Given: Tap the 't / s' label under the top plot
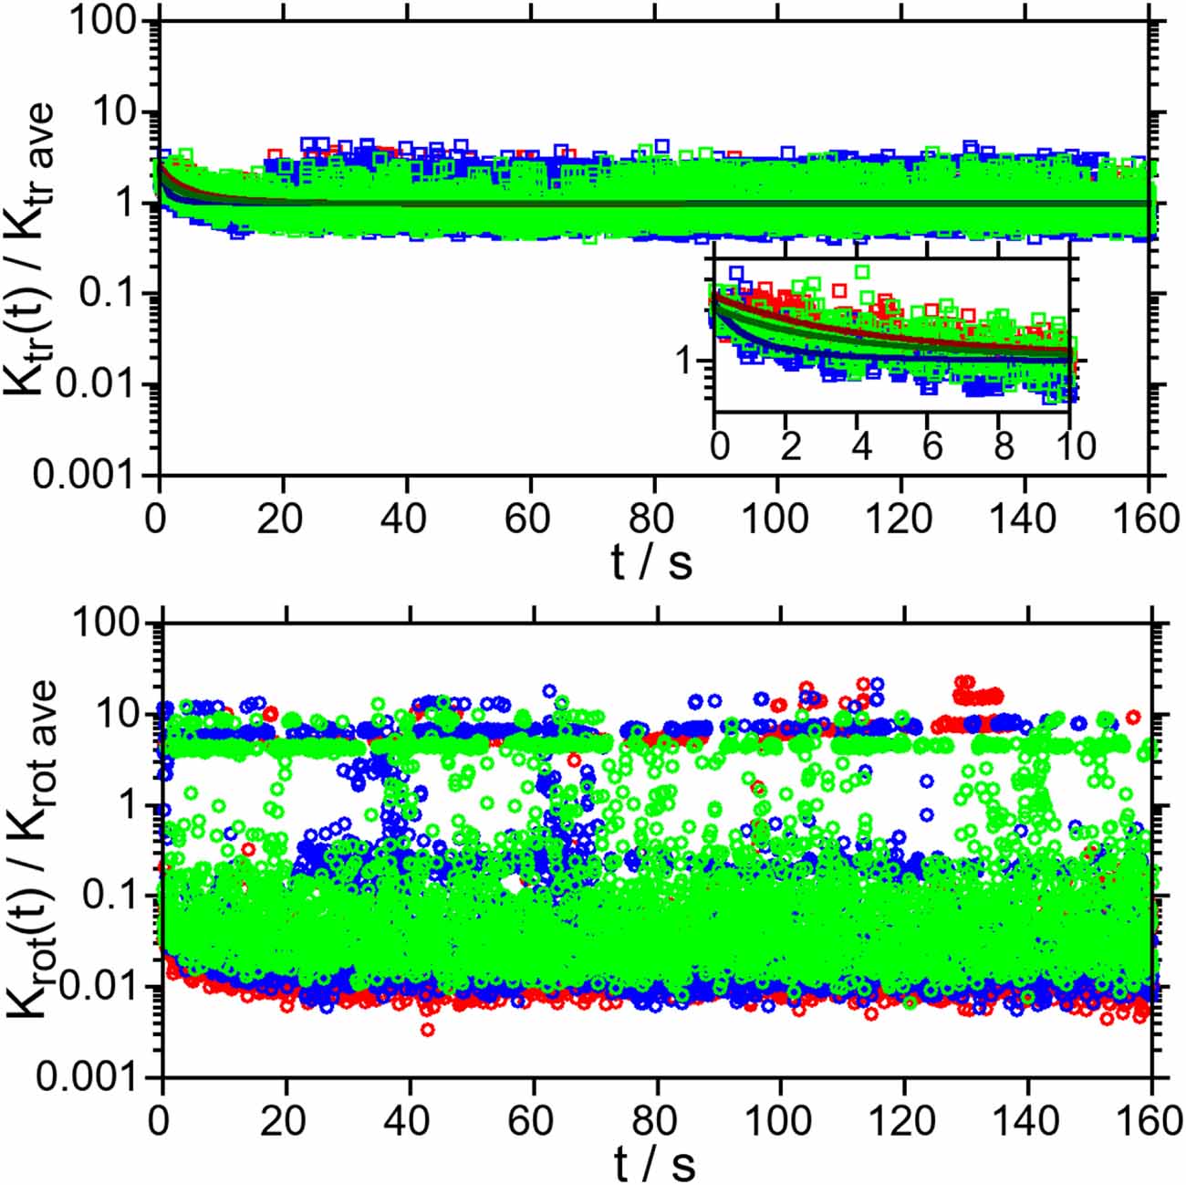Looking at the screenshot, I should pos(651,561).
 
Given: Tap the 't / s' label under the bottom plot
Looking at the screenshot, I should pos(654,1163).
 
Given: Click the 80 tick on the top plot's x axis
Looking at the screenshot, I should pos(651,519).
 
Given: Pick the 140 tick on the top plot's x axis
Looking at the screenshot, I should pos(1023,519).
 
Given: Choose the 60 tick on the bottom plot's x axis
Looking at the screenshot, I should pos(530,1120).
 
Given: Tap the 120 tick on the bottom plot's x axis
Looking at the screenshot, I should pos(904,1120).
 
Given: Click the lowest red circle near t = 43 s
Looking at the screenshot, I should pos(427,1029).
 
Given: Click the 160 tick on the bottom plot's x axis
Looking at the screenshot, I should pos(1151,1120).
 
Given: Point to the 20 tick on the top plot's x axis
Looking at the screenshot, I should pos(280,519).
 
